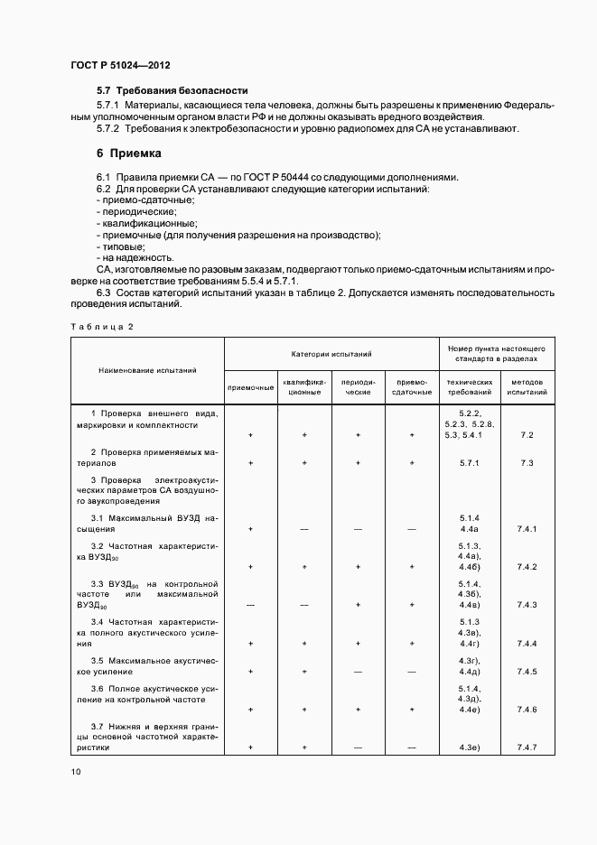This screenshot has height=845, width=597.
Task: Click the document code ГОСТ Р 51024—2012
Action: click(x=120, y=66)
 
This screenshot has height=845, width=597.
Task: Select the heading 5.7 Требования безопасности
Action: click(x=172, y=90)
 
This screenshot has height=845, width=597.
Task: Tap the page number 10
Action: click(x=75, y=771)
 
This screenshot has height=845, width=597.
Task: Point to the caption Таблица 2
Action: click(x=101, y=326)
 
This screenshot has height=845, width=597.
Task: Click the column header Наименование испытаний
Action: click(x=147, y=370)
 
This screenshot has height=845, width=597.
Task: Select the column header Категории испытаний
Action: click(x=331, y=355)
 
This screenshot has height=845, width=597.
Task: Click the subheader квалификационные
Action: click(x=304, y=387)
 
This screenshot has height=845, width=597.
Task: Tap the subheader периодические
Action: click(x=358, y=387)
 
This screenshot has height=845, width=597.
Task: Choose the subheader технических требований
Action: click(x=469, y=387)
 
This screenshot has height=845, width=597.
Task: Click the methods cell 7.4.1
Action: click(x=527, y=528)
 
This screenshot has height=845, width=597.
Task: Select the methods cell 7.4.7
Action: click(x=527, y=747)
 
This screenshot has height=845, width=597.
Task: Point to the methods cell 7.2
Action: click(x=527, y=434)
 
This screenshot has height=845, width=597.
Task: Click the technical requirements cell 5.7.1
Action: click(x=469, y=463)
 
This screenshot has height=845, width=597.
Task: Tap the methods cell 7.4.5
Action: click(x=527, y=672)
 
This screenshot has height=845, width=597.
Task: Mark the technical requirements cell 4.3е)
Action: click(x=469, y=747)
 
